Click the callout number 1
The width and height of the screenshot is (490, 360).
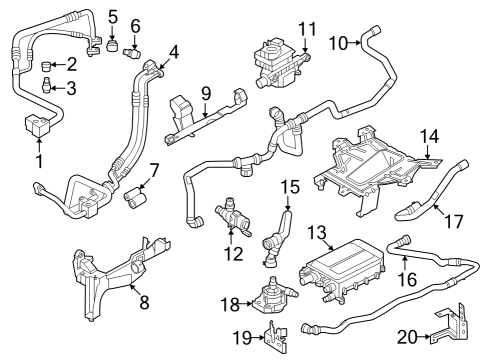pyautogui.click(x=39, y=160)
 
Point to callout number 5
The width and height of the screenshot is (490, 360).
pyautogui.click(x=111, y=16)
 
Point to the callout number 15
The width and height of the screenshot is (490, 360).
pyautogui.click(x=289, y=186)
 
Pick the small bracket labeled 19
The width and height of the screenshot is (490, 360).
pyautogui.click(x=269, y=336)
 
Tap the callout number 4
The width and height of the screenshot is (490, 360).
pyautogui.click(x=174, y=49)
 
